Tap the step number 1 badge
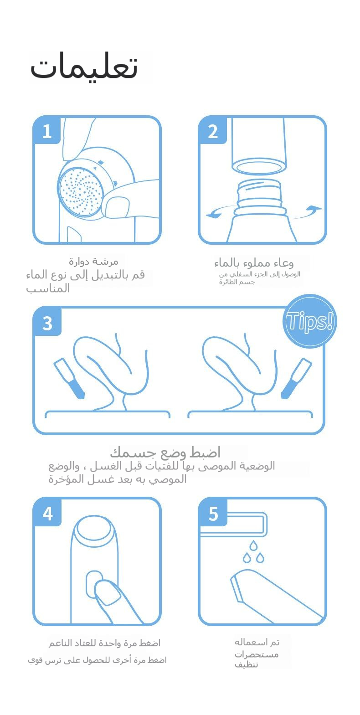pos(47,130)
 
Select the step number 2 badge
pos(212,130)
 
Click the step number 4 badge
pos(47,513)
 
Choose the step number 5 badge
pos(213,513)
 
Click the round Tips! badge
pos(309,321)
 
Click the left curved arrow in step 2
pos(220,211)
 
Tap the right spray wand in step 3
pos(296,379)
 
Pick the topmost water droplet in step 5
pos(253,546)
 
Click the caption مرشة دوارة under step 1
pos(93,262)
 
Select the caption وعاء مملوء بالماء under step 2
pos(254,263)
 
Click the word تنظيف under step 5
pos(247,664)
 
